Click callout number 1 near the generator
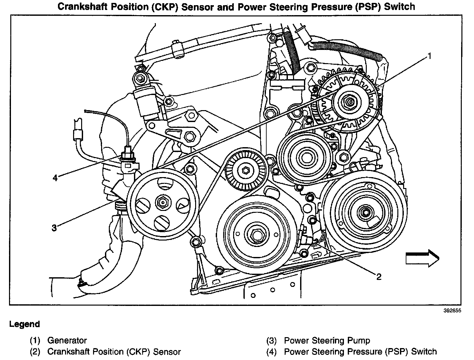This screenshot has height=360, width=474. coord(429,57)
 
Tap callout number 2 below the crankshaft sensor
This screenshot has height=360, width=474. coord(379,277)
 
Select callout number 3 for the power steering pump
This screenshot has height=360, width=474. coord(54,228)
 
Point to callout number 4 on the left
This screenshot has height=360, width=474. coord(55,177)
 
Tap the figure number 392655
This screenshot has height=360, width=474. coord(452,311)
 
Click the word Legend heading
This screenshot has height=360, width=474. coord(24,324)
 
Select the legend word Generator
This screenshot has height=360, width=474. coord(67,340)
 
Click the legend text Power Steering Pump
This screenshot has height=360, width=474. coord(327,340)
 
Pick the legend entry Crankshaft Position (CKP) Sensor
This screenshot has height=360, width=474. coord(114,352)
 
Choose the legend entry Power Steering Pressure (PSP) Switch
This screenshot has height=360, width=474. coord(360,352)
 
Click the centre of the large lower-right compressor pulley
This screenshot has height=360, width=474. coord(365,213)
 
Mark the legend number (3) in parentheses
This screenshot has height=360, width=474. coord(271,340)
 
